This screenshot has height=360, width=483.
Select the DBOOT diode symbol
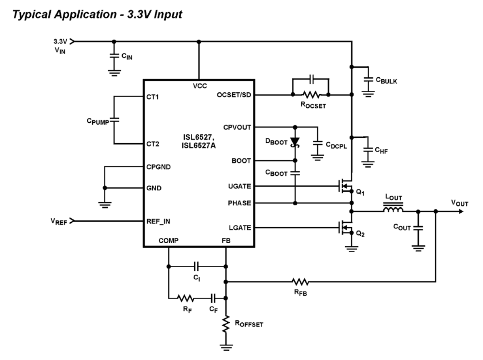tap(295, 142)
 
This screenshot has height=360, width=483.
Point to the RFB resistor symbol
tap(300, 282)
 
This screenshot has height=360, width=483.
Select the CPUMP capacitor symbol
tap(114, 120)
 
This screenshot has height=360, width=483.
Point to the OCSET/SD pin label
tap(234, 95)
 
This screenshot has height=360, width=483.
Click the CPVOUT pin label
tap(236, 127)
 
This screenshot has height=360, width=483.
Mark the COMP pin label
tap(168, 241)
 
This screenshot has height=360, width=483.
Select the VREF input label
tap(57, 221)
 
